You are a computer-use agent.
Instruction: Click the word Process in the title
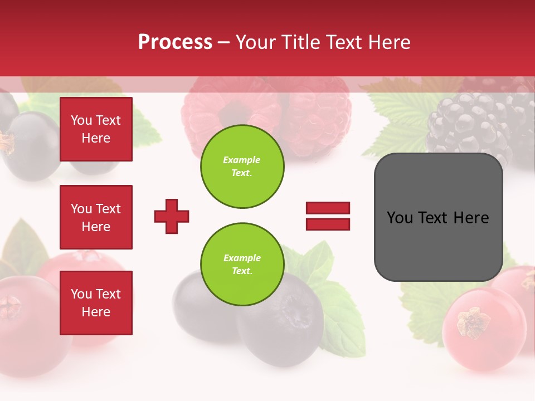tap(175, 42)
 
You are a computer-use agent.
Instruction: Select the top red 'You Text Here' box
tap(96, 129)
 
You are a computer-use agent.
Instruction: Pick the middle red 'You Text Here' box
tap(96, 217)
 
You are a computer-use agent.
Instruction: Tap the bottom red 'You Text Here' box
tap(96, 303)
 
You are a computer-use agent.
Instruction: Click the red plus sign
tap(172, 216)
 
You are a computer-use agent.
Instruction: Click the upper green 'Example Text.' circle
tap(242, 166)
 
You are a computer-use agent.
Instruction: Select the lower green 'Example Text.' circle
tap(242, 264)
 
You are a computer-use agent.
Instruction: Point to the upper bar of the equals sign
tap(328, 208)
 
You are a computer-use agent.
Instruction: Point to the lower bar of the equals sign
tap(328, 224)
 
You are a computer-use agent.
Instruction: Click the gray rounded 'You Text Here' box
tap(438, 217)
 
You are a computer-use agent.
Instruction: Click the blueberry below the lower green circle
tap(279, 329)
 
